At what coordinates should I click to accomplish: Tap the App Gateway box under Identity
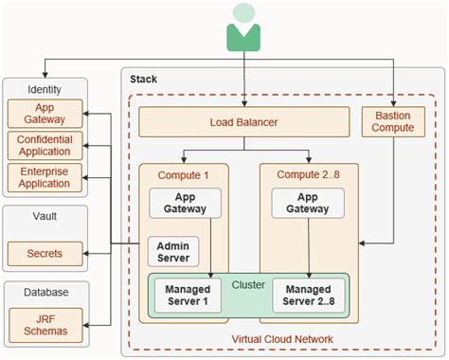click(45, 114)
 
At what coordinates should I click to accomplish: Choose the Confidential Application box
click(45, 146)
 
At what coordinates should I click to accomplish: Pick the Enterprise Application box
click(45, 177)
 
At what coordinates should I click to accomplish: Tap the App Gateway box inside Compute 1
click(186, 204)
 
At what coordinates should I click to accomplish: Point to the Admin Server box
click(171, 252)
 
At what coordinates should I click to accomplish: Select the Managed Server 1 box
click(187, 295)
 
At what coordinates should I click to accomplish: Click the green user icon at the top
click(243, 27)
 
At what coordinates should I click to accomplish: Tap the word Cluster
click(247, 283)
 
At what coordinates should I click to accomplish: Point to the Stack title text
click(143, 79)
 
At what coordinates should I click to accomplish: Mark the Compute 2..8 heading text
click(309, 174)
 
